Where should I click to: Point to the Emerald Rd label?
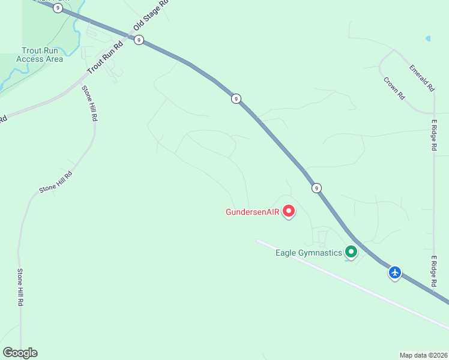coord(421,78)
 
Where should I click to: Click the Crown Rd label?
coord(394,88)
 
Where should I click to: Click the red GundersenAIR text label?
coord(253,212)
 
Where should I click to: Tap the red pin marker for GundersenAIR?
coord(289,211)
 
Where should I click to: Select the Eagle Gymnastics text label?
coord(309,253)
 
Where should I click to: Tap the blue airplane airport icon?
coord(395,272)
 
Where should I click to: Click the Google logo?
coord(20,353)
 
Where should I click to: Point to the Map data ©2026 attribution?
coord(423,355)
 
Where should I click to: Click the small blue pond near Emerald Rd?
coord(427,38)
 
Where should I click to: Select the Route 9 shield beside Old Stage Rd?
coord(139,40)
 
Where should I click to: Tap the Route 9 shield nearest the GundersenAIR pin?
coord(316,188)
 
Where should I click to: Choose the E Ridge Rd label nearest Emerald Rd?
coord(433,135)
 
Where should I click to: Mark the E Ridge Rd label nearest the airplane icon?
coord(433,271)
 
